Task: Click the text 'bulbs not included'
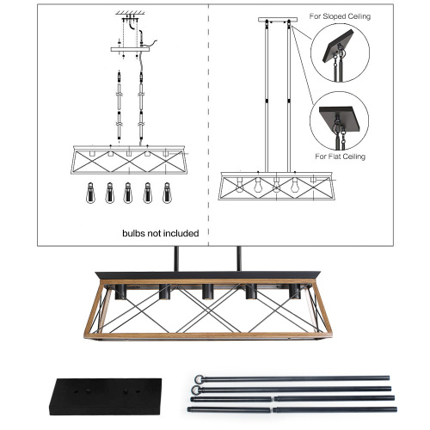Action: click(x=160, y=232)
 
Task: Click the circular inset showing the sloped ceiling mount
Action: click(x=339, y=52)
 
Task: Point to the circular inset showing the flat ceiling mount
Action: click(x=339, y=121)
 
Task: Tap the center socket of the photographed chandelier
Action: click(x=206, y=292)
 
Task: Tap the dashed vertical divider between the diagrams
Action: click(x=211, y=129)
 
